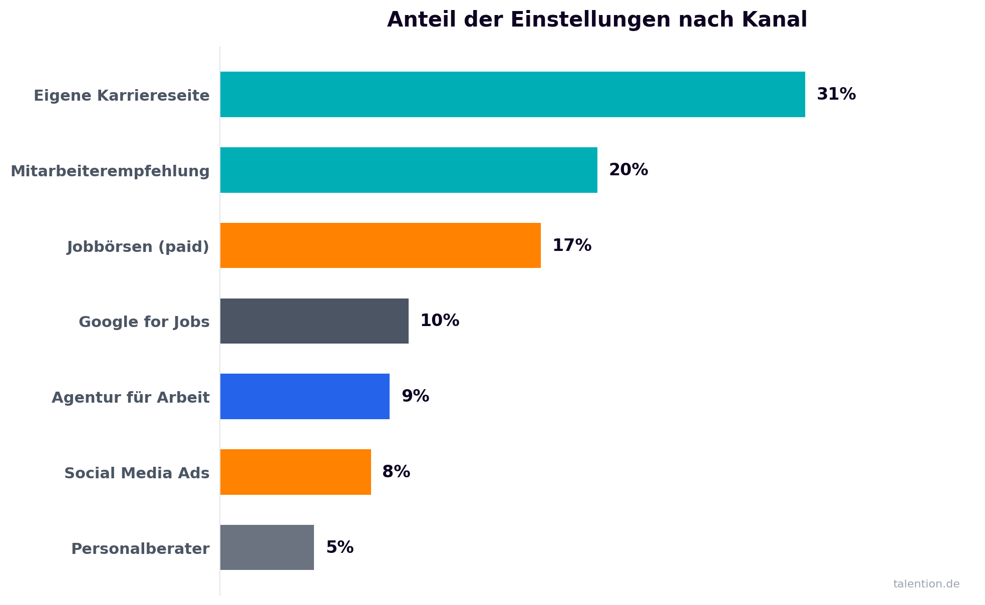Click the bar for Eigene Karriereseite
[x=512, y=95]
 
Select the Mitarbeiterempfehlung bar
[x=409, y=170]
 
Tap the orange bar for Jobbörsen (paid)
[x=380, y=245]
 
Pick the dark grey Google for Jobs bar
[x=314, y=321]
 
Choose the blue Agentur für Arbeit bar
[x=304, y=397]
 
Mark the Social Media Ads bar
[x=295, y=472]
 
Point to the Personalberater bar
[x=267, y=547]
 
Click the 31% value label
[x=836, y=94]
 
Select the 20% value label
[x=628, y=170]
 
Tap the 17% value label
[x=571, y=245]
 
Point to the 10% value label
[x=439, y=321]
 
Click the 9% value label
[x=415, y=396]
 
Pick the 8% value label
[x=396, y=472]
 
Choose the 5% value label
[x=340, y=547]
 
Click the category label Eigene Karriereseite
[x=122, y=96]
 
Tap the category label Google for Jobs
[x=144, y=322]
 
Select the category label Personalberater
[x=140, y=549]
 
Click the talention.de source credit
[x=926, y=584]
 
